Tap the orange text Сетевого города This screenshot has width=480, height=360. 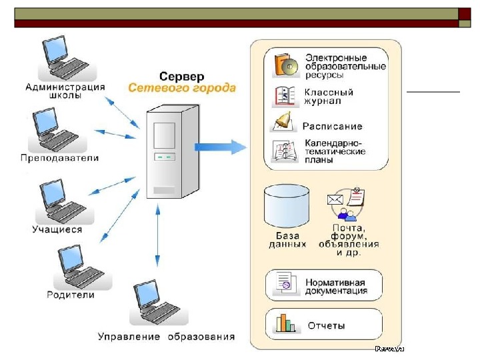(x=181, y=87)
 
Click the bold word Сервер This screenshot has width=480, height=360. (x=181, y=76)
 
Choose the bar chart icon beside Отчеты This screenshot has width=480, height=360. (x=286, y=324)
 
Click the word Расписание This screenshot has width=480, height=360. (x=333, y=126)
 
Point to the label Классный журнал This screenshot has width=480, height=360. (x=329, y=97)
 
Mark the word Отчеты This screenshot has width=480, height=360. (x=326, y=326)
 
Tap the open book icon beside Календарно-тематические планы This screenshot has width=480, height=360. (x=284, y=153)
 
